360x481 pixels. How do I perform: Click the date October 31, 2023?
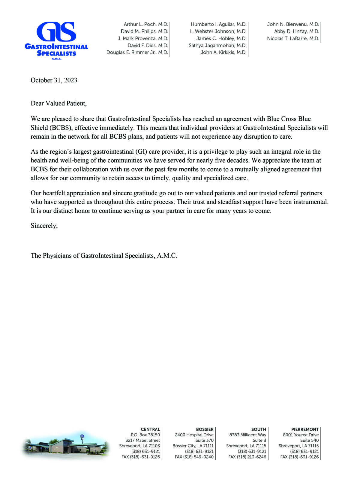coord(54,80)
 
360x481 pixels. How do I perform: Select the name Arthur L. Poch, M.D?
coord(146,24)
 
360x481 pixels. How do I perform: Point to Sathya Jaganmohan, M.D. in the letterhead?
coord(217,45)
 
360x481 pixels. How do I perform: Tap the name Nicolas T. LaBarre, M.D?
coord(293,38)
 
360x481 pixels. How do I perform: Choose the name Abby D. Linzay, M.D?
coord(296,31)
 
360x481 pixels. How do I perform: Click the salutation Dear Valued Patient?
coord(58,103)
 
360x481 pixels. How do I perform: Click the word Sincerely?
coord(44,226)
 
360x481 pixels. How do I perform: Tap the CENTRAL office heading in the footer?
coord(150,429)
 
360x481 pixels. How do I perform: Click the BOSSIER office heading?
coord(205,429)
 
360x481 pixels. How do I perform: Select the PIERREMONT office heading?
coord(305,429)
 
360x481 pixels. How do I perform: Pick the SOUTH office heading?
coord(259,429)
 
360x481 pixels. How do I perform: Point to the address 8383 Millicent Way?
coord(247,435)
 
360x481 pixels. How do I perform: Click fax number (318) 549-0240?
coord(194,457)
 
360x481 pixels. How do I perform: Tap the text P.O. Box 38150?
coord(145,435)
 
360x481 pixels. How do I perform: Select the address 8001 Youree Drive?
coord(301,435)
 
